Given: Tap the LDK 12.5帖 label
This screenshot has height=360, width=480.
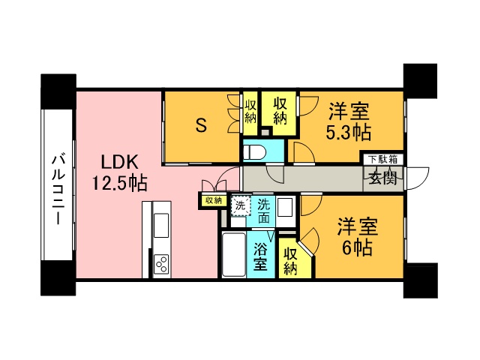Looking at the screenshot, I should coord(119,172).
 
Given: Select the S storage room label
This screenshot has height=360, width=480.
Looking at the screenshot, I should coord(201,125).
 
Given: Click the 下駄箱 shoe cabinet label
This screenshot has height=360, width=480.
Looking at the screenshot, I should coord(384,160).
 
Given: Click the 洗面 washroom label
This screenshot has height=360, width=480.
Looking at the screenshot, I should coord(263,211).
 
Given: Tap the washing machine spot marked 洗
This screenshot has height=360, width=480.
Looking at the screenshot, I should coord(240,205).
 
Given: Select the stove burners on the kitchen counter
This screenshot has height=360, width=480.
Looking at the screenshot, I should coord(161,263).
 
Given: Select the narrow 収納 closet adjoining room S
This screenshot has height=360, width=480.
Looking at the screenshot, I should coord(250,112).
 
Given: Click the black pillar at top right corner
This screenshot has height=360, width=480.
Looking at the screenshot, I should coord(420,79).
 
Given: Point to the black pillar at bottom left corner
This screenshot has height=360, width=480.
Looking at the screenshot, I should coord(57,280).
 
